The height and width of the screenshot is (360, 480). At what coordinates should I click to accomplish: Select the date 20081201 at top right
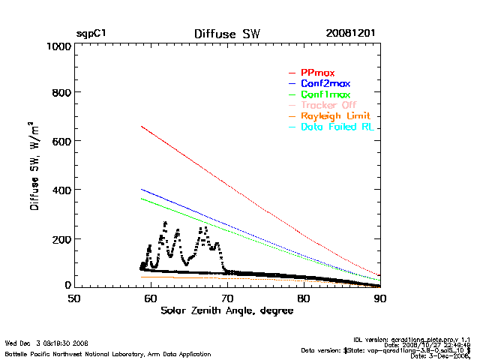(350, 34)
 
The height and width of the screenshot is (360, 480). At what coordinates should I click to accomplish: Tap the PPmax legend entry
(317, 73)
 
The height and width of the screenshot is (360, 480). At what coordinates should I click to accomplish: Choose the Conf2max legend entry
(325, 83)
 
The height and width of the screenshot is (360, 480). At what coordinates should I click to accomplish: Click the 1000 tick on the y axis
(56, 46)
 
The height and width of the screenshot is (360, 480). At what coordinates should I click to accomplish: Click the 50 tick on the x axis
(74, 298)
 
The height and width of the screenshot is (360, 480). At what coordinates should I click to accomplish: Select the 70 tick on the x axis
(227, 298)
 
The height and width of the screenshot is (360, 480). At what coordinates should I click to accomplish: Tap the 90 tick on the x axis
(380, 298)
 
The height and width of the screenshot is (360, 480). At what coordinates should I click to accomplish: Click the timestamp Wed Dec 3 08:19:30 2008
(46, 342)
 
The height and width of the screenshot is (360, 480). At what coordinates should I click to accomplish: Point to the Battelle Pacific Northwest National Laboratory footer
(108, 353)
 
